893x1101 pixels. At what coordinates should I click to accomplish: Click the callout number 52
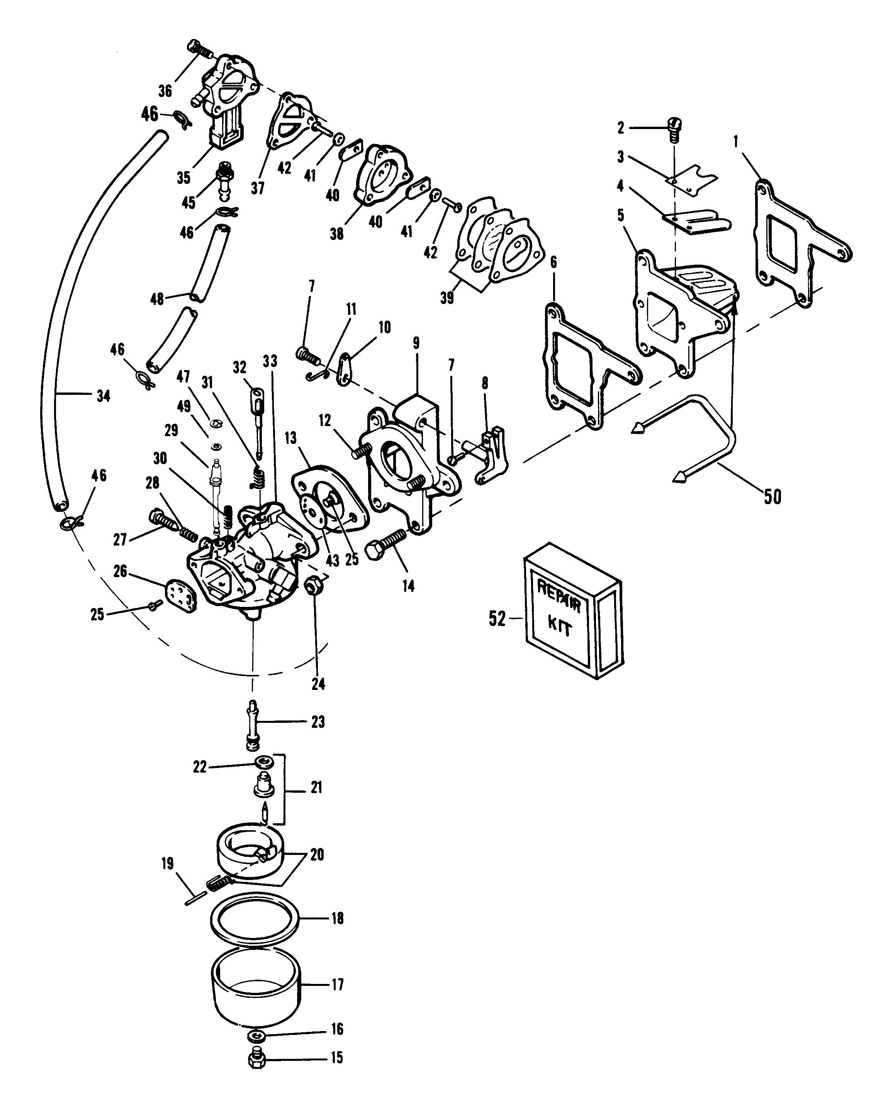coord(497,619)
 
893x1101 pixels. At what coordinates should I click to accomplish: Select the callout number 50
coord(772,497)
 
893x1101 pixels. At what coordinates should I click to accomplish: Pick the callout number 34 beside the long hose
coord(104,396)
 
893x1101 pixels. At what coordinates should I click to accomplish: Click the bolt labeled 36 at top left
coord(201,49)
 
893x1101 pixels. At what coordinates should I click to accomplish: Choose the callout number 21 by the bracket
coord(316,787)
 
